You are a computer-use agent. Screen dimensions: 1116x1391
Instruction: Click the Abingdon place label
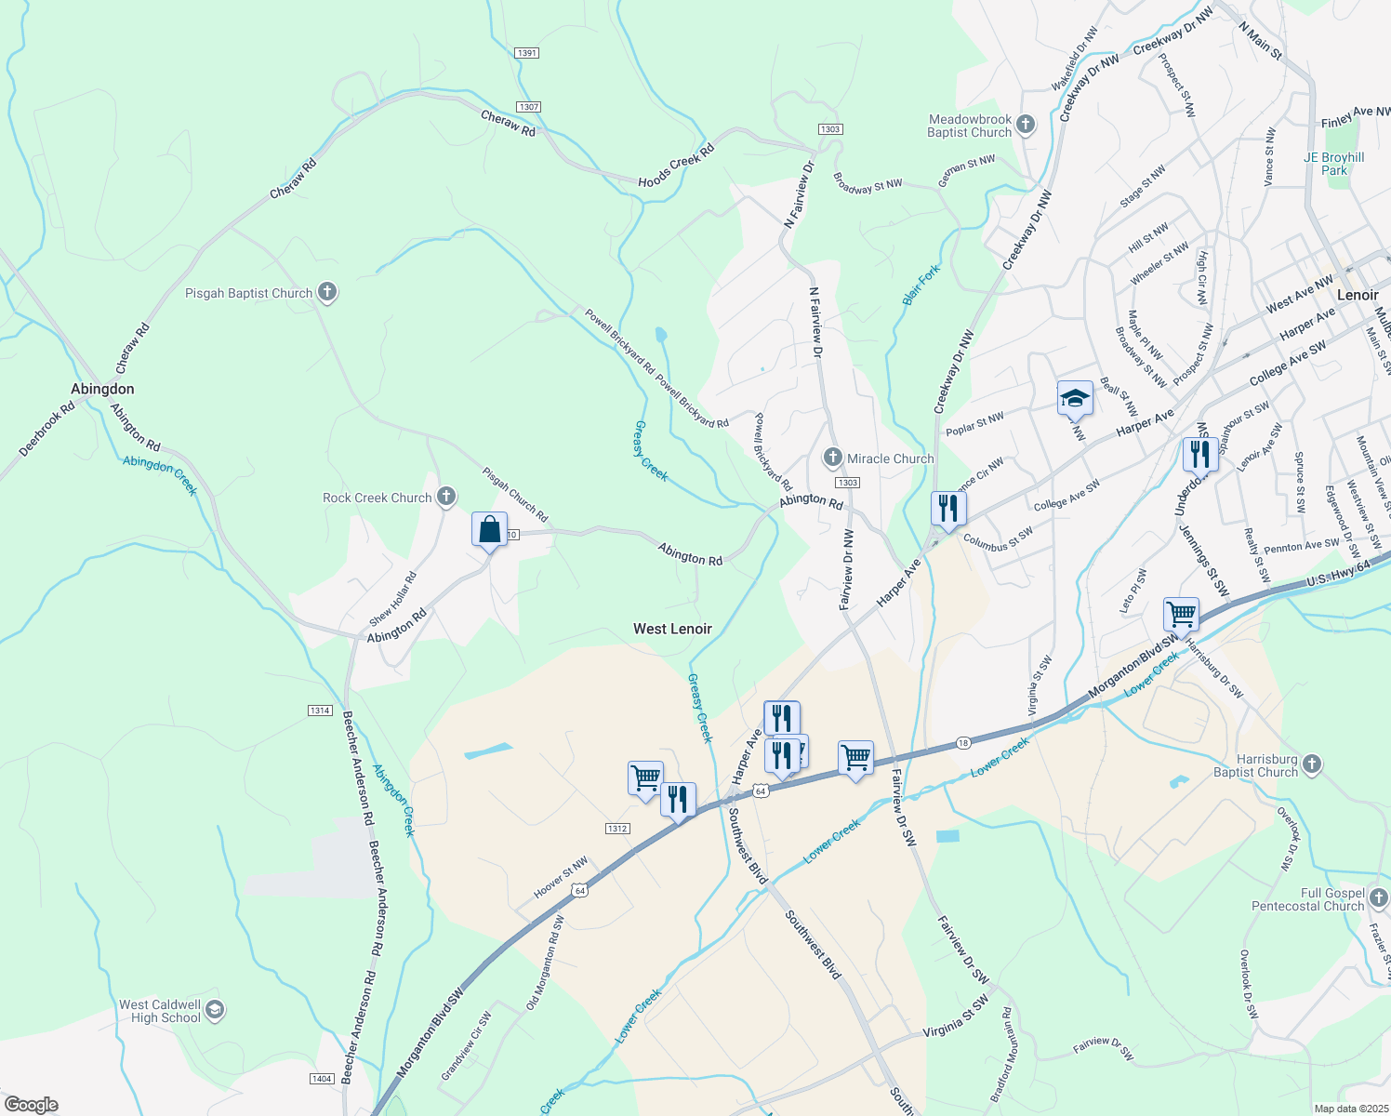point(102,389)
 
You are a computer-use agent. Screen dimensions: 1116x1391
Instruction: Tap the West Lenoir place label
point(672,629)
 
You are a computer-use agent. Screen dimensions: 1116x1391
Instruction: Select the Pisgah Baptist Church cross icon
point(326,292)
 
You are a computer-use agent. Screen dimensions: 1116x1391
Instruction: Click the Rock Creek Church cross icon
point(446,497)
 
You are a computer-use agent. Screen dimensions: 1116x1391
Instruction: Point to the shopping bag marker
point(489,530)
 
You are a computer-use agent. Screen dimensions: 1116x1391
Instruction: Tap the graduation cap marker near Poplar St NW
point(1075,399)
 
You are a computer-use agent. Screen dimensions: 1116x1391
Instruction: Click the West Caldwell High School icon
point(215,1010)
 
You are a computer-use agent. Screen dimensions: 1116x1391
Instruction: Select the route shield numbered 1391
point(527,53)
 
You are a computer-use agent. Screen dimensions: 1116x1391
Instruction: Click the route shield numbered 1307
point(529,107)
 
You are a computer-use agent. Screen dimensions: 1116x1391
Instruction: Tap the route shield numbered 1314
point(320,711)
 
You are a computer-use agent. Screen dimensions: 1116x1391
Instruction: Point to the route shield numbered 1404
point(322,1079)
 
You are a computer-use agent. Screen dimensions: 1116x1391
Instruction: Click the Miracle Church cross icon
point(833,458)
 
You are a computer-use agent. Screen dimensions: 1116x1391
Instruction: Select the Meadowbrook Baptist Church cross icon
point(1026,125)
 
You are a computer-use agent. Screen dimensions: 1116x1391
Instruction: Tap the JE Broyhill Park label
point(1333,164)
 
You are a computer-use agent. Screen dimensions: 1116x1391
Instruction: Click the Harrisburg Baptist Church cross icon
point(1311,764)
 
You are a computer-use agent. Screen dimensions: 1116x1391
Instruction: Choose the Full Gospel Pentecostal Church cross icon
point(1378,898)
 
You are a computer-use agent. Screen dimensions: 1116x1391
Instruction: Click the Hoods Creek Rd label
point(676,166)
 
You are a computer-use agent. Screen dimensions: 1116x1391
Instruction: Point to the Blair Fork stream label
point(921,285)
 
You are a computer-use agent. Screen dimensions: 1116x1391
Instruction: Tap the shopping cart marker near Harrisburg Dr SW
point(1181,614)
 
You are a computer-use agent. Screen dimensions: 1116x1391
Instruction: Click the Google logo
point(32,1104)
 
